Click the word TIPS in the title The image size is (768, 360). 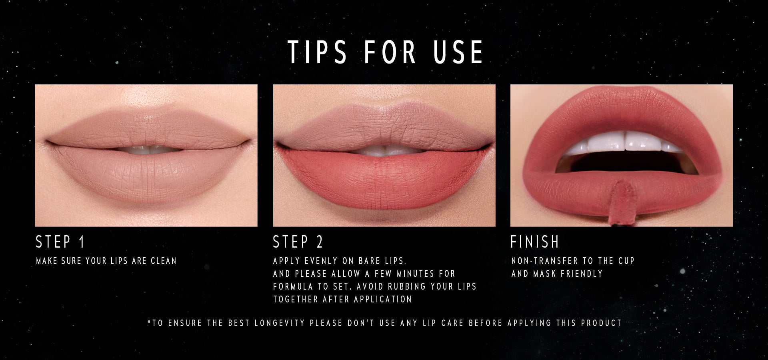[x=317, y=52]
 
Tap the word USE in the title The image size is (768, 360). [x=459, y=52]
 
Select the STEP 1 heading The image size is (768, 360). [x=60, y=242]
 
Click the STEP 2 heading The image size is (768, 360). [x=298, y=242]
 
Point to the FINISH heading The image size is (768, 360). [x=535, y=242]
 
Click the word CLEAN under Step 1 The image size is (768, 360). [x=164, y=261]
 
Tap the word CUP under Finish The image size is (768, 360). [x=626, y=261]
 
